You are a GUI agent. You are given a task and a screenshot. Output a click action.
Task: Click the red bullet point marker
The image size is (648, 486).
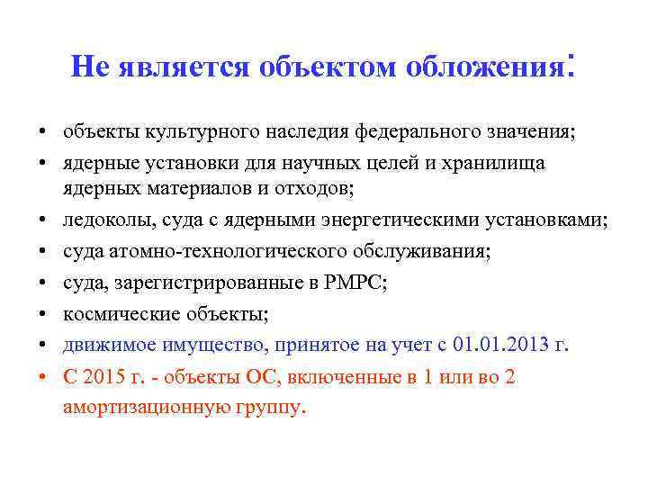(42, 377)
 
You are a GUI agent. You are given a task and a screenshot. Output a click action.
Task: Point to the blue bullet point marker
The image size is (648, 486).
(42, 346)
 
